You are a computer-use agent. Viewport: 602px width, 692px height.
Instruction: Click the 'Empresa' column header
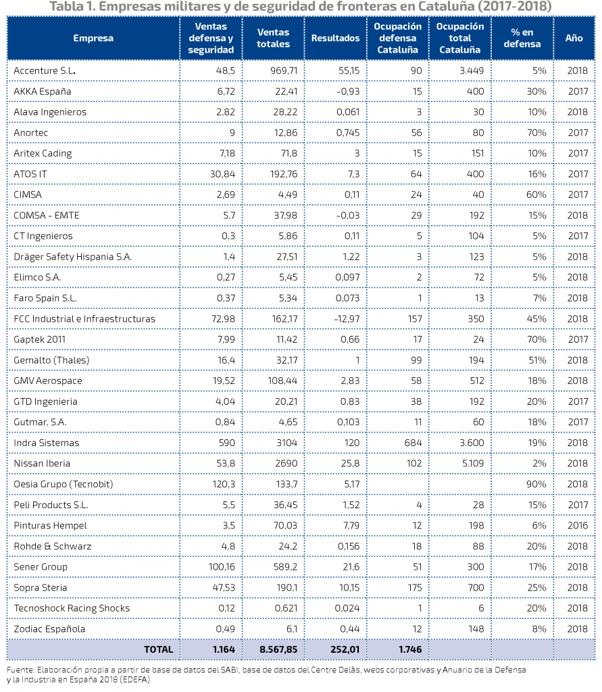93,38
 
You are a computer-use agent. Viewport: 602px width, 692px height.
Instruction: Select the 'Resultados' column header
335,38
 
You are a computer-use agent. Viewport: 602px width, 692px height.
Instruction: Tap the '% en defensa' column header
522,38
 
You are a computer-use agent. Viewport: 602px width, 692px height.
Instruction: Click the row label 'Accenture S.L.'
45,70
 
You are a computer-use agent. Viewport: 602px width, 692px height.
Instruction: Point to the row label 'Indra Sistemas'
47,443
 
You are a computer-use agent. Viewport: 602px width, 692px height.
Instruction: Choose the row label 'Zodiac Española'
49,629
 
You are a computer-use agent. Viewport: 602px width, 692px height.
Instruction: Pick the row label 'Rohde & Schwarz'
53,546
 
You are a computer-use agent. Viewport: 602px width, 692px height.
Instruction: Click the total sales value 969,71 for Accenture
284,70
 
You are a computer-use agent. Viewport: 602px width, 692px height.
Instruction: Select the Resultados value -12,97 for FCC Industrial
347,319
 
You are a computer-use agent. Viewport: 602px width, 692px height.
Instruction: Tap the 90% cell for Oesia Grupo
536,484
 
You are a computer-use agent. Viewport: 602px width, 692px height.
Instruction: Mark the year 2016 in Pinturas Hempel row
578,526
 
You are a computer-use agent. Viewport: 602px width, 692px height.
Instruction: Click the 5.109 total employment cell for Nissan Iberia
473,464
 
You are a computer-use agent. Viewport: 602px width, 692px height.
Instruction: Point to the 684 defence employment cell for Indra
413,443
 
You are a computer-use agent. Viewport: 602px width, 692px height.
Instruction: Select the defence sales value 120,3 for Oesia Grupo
224,484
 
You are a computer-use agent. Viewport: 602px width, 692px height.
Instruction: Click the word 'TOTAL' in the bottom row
159,649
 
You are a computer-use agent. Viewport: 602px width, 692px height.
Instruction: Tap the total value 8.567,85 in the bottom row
278,649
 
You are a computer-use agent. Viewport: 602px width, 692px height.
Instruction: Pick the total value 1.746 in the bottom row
411,649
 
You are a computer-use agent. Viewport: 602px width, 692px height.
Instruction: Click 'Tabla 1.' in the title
72,7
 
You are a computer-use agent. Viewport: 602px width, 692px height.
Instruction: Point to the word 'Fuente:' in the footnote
20,670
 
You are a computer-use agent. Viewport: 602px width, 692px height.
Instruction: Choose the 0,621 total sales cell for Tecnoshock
286,608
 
